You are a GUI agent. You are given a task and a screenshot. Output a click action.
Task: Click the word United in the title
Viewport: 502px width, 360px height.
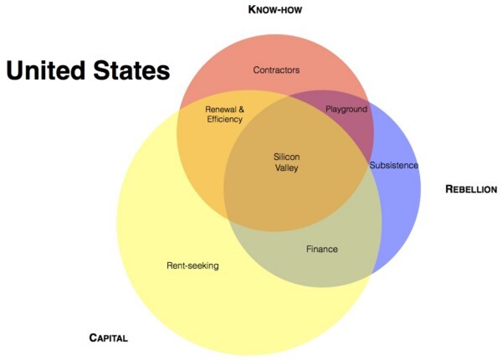point(46,70)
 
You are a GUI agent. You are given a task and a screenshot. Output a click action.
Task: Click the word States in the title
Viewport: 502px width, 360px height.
point(131,70)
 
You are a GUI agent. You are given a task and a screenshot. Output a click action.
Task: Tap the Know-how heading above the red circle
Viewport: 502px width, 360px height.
point(275,9)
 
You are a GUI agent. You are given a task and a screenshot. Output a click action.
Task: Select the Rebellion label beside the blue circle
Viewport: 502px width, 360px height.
point(471,189)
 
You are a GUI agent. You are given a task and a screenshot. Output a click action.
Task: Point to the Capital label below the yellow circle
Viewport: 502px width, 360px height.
point(108,337)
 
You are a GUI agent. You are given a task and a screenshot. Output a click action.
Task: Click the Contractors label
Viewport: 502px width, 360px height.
point(276,69)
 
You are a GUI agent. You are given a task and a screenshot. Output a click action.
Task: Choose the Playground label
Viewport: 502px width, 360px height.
point(346,109)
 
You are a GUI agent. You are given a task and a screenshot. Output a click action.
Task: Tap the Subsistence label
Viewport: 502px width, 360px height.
point(394,165)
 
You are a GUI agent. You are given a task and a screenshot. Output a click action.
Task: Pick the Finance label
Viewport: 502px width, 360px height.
point(322,249)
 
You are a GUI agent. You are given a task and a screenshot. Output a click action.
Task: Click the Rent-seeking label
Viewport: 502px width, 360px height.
point(192,265)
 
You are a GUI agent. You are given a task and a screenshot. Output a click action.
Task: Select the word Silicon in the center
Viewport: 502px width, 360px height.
point(286,157)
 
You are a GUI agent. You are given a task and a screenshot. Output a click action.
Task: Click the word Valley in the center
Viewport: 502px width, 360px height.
point(286,167)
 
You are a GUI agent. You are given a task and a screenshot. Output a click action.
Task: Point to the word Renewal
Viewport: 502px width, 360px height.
point(221,110)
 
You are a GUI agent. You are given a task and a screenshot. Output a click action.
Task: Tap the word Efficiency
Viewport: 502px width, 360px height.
point(224,120)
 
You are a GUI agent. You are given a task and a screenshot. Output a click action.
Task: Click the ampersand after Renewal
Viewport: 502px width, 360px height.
point(241,110)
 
